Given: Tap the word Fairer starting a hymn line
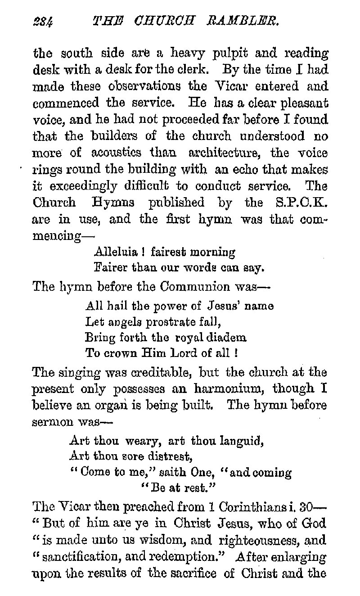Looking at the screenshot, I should [112, 269].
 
